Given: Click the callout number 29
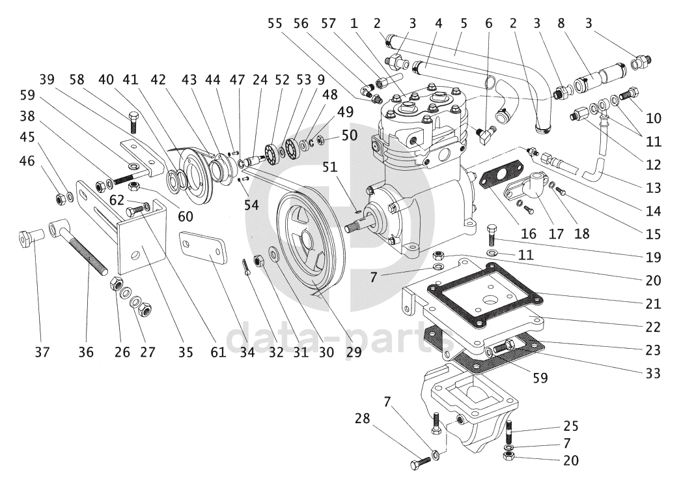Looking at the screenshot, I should click(x=354, y=352).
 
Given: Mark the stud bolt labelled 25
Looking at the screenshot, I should click(x=508, y=431).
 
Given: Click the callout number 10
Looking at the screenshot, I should click(x=654, y=119).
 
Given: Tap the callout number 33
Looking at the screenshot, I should click(x=653, y=374).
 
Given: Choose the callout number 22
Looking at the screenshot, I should click(x=654, y=327).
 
